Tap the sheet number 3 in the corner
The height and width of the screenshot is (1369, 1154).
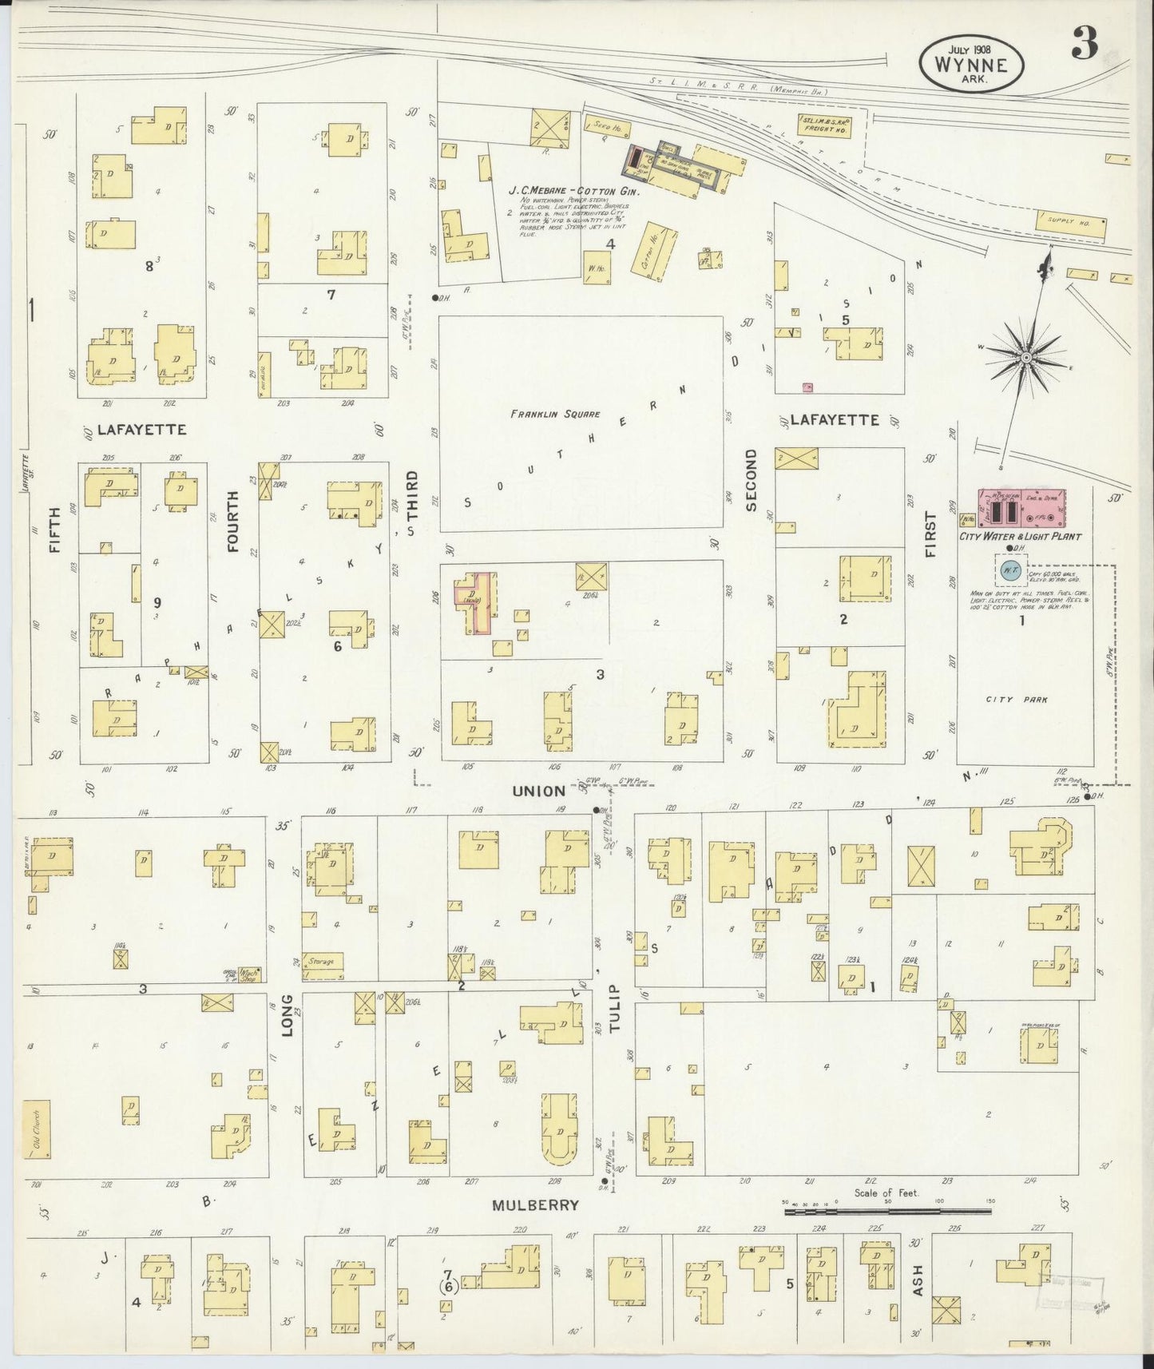(1085, 46)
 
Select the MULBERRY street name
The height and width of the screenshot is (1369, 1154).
(535, 1205)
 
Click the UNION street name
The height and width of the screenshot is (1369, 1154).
(538, 791)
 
